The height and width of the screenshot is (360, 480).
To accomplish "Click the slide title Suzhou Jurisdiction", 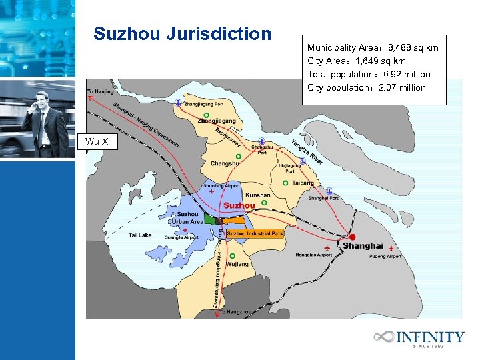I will pos(183,33).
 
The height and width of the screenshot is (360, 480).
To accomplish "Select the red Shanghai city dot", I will pos(353,237).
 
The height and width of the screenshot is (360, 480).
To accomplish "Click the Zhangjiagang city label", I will pos(216,121).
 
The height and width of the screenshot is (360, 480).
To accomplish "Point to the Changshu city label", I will pos(225,163).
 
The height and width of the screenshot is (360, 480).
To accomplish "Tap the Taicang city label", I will pos(303,183).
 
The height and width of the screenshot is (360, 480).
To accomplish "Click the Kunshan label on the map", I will pos(258,195).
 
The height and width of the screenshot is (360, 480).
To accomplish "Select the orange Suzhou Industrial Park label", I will pos(255,233).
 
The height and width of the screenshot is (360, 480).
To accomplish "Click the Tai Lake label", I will pos(140,235).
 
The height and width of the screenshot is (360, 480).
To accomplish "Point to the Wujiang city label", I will pos(237,264).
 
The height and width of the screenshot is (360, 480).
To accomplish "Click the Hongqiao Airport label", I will pos(313,255).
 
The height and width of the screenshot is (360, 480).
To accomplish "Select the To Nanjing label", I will pos(101,91).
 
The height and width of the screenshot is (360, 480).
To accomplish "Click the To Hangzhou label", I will pos(237,311).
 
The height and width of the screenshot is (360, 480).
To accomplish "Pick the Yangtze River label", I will pos(307,151).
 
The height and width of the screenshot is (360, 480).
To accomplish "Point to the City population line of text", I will pos(366,87).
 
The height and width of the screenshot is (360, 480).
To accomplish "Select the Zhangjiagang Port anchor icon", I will pos(178,103).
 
